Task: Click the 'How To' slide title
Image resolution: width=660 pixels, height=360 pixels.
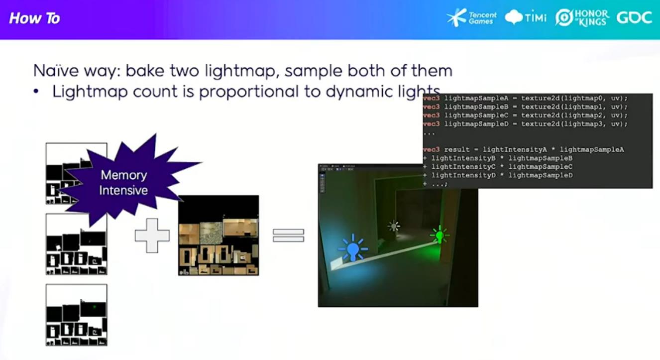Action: coord(34,18)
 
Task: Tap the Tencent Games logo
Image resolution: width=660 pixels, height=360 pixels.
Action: coord(471,18)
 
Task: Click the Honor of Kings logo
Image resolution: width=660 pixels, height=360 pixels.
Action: coord(582,18)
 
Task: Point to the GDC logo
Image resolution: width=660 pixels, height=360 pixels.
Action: coord(634,18)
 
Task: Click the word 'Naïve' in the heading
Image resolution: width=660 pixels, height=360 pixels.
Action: coord(55,71)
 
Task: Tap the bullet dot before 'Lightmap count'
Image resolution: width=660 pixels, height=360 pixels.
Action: coord(36,92)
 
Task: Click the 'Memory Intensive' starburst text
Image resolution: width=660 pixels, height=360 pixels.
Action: coord(124,183)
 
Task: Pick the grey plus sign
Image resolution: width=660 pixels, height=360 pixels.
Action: coord(152,236)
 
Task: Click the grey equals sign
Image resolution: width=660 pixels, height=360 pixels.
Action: coord(289,236)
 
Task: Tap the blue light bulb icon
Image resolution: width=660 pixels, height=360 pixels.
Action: coord(353,248)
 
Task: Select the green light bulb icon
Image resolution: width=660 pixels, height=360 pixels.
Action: coord(440,235)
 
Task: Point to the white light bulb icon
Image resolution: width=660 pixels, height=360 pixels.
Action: coord(394,226)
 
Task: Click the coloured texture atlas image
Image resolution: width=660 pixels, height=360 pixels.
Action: coord(219,236)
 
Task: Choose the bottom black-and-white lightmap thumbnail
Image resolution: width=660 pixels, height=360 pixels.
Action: coord(77,315)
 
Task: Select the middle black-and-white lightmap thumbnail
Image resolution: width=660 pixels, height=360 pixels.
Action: coord(77,244)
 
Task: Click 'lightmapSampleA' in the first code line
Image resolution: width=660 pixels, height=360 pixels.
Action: coord(476,98)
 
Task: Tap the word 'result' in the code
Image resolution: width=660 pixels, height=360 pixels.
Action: coord(457,150)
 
